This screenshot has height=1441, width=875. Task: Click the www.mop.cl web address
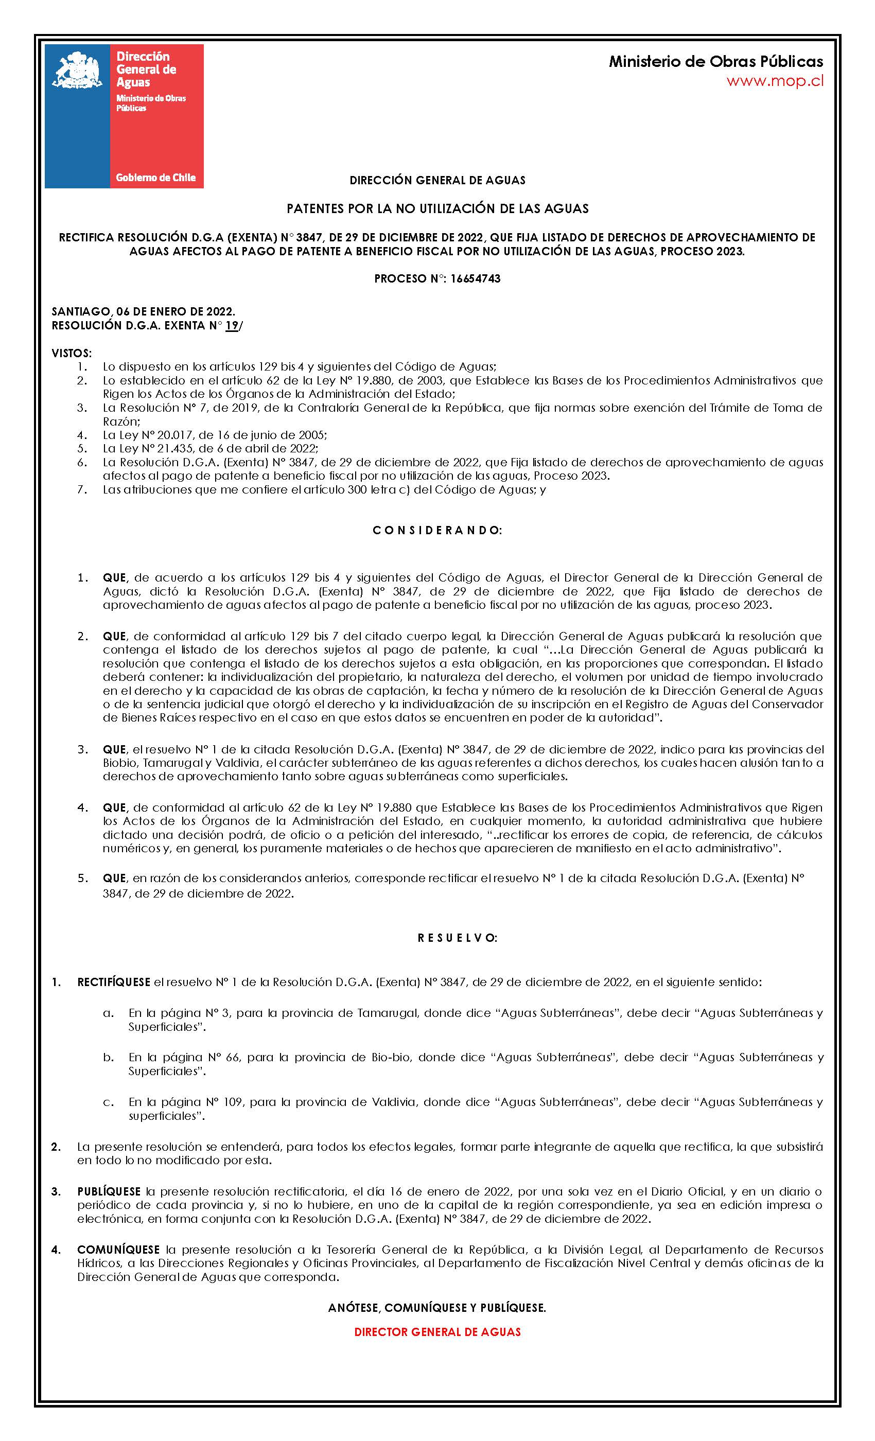click(775, 81)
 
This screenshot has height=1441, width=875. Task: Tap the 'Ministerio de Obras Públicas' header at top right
click(715, 61)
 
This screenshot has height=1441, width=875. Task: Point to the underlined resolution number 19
click(232, 326)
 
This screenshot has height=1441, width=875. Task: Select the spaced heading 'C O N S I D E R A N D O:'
click(437, 531)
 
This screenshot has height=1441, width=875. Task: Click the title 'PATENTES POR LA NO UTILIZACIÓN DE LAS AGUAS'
click(437, 208)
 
